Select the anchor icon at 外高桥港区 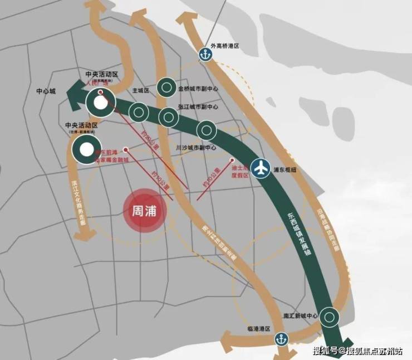tap(205, 55)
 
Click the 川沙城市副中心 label tap(195, 148)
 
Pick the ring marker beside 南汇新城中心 tap(330, 317)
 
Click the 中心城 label tap(46, 91)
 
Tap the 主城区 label tap(141, 90)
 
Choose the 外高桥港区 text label tap(224, 47)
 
